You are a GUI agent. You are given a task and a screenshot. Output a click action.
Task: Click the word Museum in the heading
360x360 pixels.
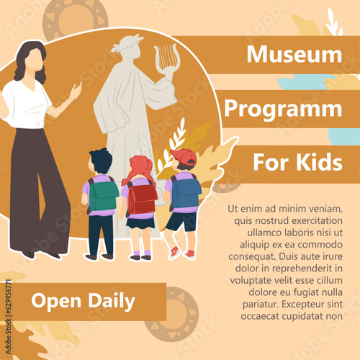tap(294, 54)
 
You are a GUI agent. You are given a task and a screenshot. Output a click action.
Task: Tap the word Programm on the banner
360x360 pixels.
tap(283, 109)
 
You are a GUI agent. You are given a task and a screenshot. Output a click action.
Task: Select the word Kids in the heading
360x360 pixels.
tap(320, 162)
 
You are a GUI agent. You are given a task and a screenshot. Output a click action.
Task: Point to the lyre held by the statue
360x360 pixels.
tap(166, 58)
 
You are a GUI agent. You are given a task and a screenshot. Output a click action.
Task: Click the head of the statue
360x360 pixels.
tap(129, 45)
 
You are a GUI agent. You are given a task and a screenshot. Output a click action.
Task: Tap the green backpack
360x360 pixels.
tap(104, 196)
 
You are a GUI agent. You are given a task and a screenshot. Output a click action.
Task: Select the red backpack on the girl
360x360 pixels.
tap(142, 198)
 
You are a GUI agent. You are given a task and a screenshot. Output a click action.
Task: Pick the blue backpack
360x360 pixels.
tap(186, 192)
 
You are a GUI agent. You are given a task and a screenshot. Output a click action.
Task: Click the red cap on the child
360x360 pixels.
tap(186, 157)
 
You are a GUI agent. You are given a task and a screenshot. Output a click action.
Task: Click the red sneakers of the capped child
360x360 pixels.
tap(181, 253)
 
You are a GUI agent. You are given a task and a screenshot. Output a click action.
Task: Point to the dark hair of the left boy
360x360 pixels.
tap(100, 159)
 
